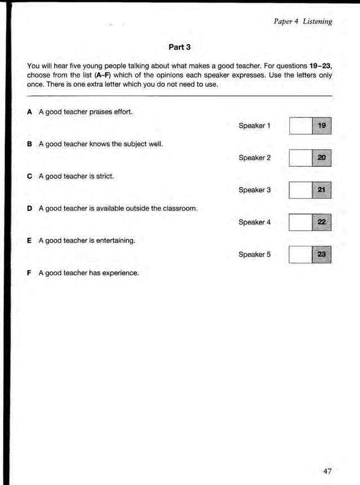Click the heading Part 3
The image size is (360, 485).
[179, 46]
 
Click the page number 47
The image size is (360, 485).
[327, 471]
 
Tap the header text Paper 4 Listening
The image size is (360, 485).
[302, 21]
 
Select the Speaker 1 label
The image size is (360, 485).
[254, 125]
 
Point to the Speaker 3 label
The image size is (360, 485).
[254, 190]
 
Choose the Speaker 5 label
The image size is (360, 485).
[254, 255]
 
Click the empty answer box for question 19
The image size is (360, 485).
[300, 125]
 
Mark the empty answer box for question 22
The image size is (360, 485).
[300, 222]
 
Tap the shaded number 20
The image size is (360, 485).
[321, 158]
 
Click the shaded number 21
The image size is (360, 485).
[321, 190]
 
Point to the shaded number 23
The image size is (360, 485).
[321, 255]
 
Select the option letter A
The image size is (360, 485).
[29, 112]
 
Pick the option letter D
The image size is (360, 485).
[29, 208]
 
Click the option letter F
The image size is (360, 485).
[29, 273]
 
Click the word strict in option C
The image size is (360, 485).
[104, 176]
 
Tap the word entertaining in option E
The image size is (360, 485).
[116, 241]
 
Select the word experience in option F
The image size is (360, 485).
[120, 273]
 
